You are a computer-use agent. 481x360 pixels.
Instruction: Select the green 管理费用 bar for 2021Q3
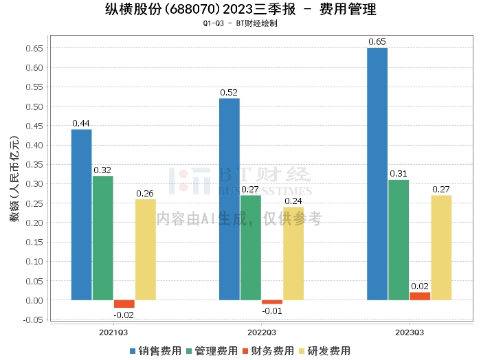click(103, 238)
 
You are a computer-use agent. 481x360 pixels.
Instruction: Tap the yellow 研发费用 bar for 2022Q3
click(293, 254)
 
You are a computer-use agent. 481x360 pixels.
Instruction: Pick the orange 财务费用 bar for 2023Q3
click(420, 296)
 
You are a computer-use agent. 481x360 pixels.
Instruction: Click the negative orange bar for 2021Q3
click(124, 304)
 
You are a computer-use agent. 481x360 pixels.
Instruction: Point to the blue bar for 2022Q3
click(230, 199)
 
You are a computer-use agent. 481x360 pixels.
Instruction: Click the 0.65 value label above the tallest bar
click(377, 42)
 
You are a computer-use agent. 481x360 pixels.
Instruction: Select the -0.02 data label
click(124, 315)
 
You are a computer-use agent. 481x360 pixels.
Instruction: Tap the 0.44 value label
click(82, 124)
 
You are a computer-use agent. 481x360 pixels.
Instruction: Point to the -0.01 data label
click(272, 311)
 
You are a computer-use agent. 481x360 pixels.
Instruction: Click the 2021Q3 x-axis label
click(113, 332)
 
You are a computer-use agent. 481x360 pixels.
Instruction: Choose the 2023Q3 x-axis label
click(409, 332)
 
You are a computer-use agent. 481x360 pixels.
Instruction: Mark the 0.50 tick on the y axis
click(34, 106)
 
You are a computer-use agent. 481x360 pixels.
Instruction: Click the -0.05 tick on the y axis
click(32, 319)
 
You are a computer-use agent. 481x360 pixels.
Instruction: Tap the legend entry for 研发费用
click(322, 350)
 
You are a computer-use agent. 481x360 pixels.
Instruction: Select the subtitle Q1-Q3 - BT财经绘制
click(240, 23)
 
